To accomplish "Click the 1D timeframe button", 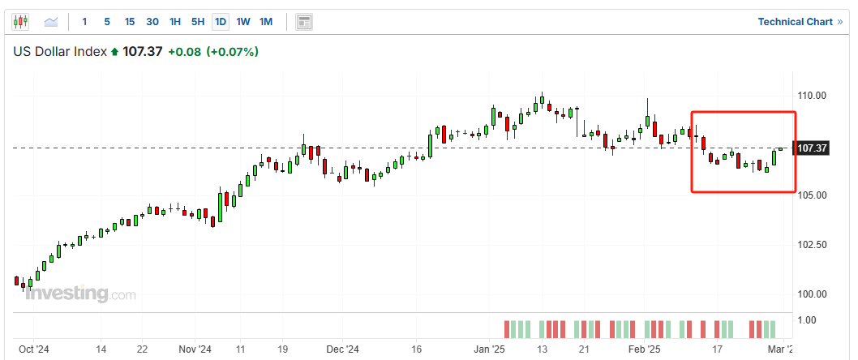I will coord(220,22).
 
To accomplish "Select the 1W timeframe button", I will coord(243,22).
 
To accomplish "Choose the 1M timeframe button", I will coord(266,22).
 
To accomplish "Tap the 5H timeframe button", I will coord(197,22).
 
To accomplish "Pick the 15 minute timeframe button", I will coord(130,22).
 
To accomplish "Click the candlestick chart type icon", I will coord(21,22).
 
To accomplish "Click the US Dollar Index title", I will coord(60,52).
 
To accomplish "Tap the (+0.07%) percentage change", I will coord(232,52).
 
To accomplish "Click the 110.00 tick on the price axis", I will coord(813,96).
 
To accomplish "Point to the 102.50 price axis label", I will coord(813,245).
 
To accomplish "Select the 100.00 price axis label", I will coord(813,294).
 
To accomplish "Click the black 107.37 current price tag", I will coord(812,148).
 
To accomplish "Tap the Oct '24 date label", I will coord(34,349).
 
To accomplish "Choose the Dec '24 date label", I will coord(343,349).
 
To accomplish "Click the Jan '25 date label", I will coord(489,349).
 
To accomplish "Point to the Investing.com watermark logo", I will coord(80,294).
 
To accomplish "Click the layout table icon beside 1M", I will coord(304,22).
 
